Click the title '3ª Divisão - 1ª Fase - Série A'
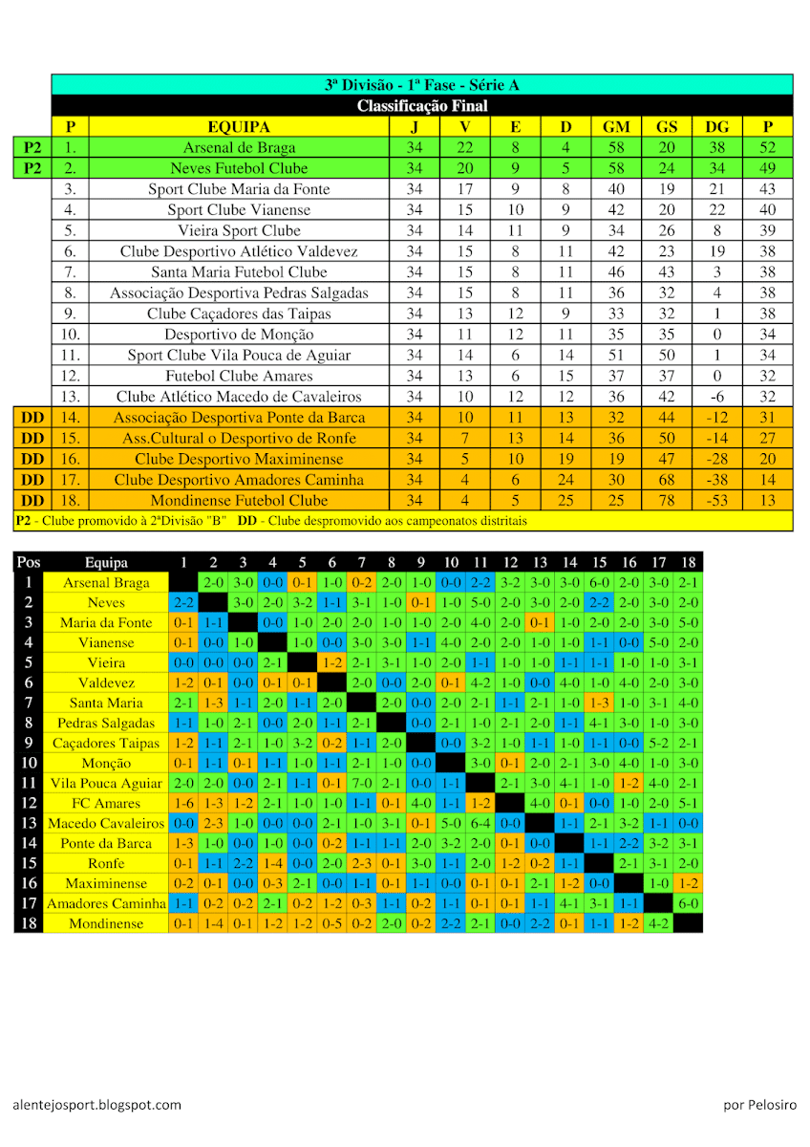click(421, 85)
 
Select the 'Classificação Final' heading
click(421, 106)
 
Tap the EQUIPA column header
click(239, 127)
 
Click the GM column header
click(616, 127)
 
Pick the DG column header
click(716, 127)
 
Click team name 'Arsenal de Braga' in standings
click(239, 148)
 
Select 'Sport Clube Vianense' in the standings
click(239, 210)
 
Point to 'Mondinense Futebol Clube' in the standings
click(239, 501)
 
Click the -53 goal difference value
click(716, 501)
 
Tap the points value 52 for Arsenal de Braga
click(767, 148)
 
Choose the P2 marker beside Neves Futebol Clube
click(32, 168)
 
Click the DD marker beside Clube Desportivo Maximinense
click(32, 459)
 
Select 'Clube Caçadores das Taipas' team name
click(239, 314)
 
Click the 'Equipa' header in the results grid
click(105, 563)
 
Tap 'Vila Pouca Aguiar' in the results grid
click(105, 783)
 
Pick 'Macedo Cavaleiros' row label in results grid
click(105, 823)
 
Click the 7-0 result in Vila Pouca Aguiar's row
click(361, 783)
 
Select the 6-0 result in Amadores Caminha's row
click(688, 903)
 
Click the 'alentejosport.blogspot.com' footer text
click(96, 1105)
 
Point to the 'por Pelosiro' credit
click(759, 1105)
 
